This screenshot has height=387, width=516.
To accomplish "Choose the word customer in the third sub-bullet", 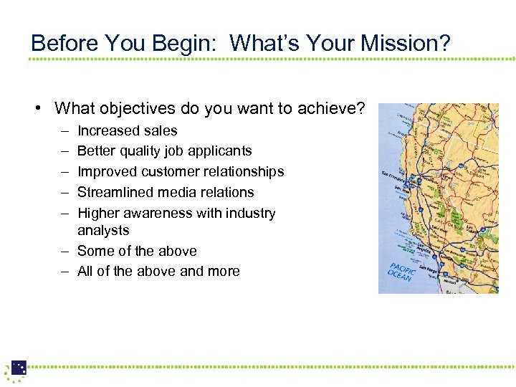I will [169, 171].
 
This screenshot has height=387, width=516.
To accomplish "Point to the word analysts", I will [103, 230].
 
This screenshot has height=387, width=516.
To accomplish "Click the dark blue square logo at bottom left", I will [19, 368].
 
